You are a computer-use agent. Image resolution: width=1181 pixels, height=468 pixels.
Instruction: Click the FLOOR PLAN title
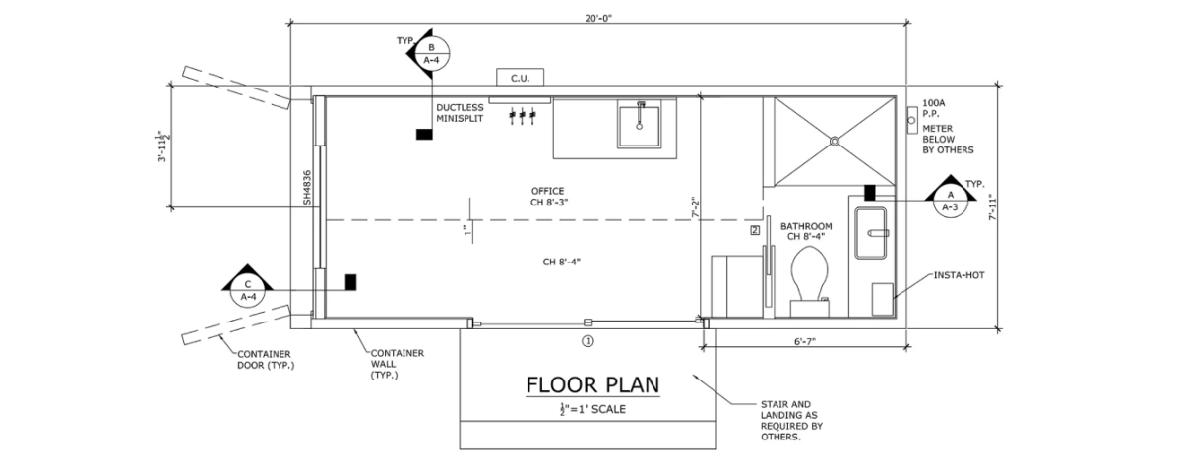[x=592, y=384]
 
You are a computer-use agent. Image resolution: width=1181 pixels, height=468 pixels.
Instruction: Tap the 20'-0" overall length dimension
[x=598, y=18]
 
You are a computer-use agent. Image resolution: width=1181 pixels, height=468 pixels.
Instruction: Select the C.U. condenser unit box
[x=521, y=78]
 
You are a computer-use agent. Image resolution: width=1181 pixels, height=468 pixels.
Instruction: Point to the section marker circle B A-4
[x=431, y=54]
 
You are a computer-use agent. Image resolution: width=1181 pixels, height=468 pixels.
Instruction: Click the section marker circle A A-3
[x=950, y=201]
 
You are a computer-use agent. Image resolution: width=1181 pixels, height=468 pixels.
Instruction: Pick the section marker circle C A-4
[x=248, y=291]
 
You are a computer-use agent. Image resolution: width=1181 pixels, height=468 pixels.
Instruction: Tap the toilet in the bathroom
[x=809, y=281]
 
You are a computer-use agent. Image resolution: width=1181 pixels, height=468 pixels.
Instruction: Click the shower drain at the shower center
[x=835, y=141]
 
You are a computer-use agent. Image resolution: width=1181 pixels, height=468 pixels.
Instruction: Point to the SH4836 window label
[x=307, y=188]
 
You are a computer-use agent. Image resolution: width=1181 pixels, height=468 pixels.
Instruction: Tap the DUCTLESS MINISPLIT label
[x=460, y=113]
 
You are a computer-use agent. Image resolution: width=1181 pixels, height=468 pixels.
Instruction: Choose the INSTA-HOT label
[x=959, y=275]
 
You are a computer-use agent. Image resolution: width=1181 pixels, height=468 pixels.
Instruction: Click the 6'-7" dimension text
[x=805, y=341]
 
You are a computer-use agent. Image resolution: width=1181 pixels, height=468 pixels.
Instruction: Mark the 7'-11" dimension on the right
[x=993, y=207]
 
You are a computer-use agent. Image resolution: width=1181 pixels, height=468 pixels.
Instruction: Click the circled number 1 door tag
[x=588, y=341]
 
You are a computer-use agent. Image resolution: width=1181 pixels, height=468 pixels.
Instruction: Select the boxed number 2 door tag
[x=755, y=230]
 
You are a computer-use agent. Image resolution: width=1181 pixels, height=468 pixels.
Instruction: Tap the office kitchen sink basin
[x=639, y=127]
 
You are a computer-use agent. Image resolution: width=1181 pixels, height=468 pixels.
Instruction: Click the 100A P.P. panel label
[x=933, y=108]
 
